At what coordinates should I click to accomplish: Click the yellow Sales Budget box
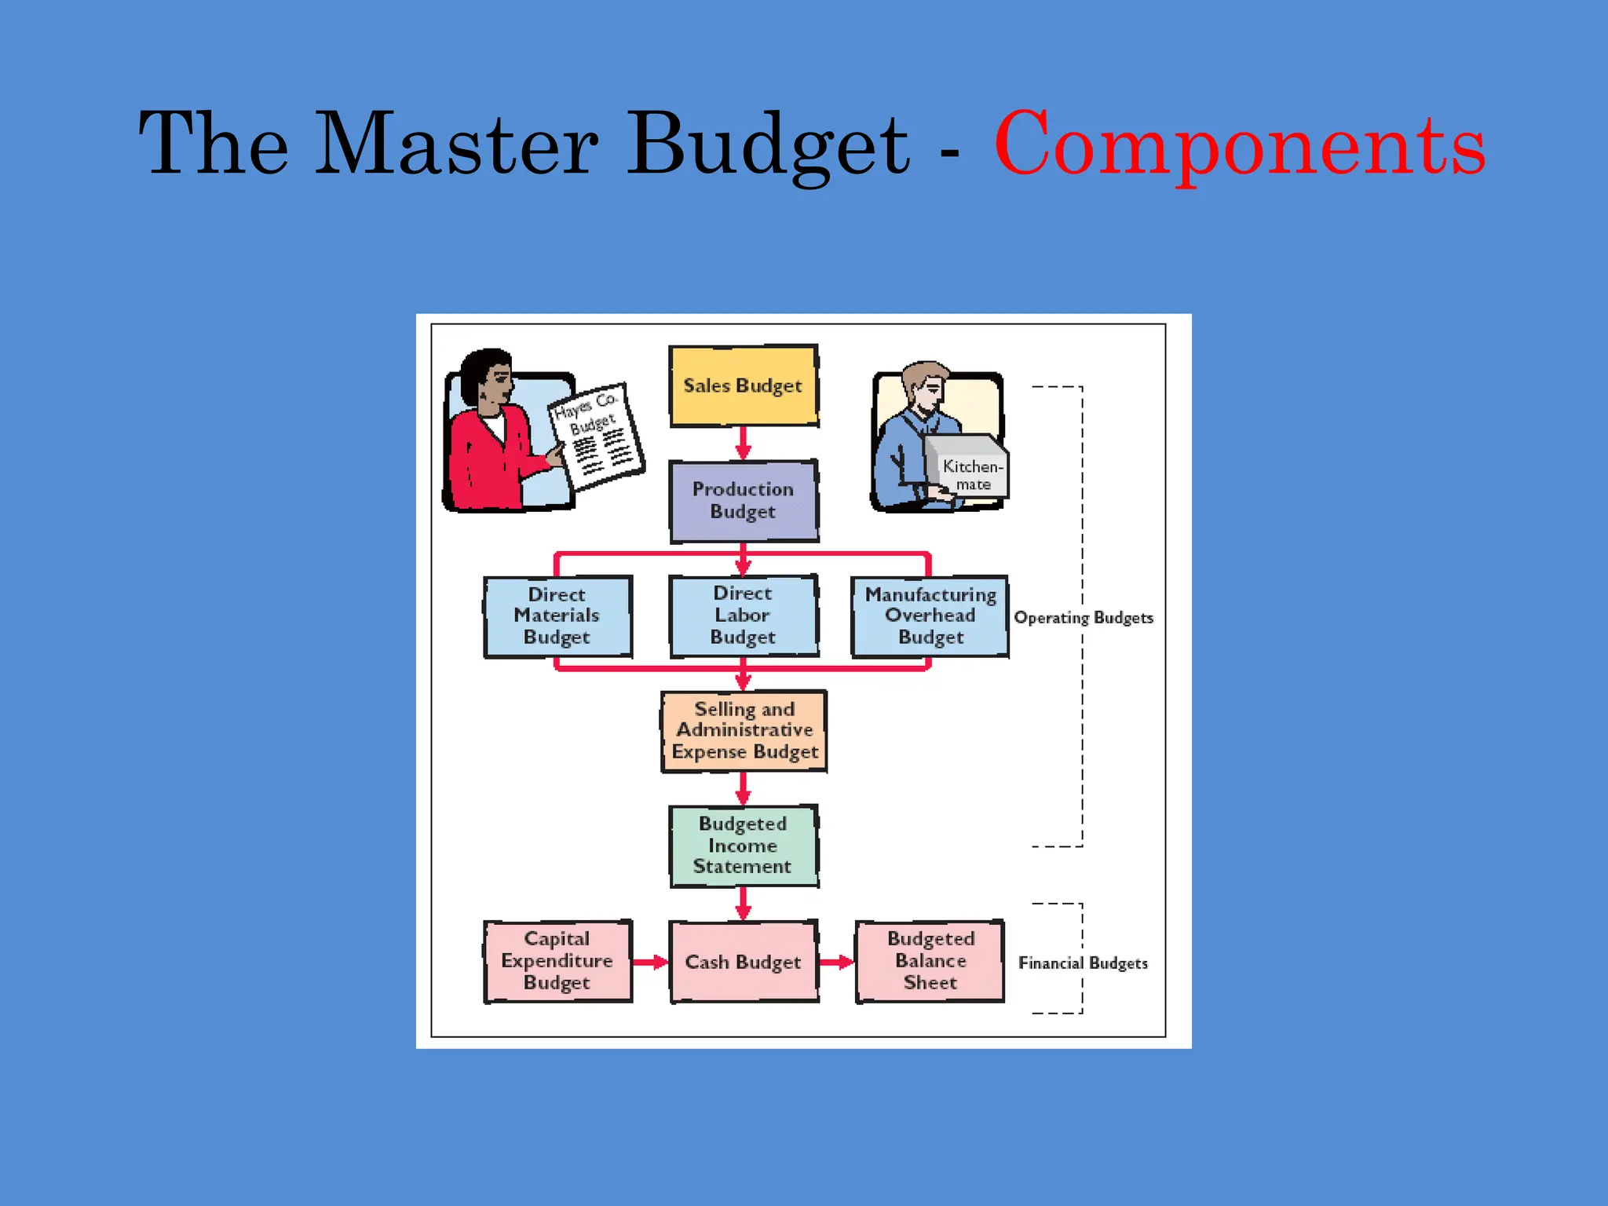743,386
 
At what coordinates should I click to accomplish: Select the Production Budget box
743,500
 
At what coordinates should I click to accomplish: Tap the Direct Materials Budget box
557,616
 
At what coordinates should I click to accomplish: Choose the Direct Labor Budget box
743,616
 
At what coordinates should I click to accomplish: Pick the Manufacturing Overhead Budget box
930,616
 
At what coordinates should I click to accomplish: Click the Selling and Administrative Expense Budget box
744,731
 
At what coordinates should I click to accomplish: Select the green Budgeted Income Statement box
743,846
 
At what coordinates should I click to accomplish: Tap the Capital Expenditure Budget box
557,961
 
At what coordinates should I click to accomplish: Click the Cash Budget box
743,962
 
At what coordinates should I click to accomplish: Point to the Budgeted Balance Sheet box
930,961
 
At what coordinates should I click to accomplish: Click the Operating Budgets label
1083,618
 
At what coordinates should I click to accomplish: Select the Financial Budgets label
1083,963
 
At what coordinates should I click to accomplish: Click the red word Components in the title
1239,145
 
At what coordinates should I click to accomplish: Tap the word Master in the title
457,145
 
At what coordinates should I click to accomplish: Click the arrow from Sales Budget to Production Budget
743,444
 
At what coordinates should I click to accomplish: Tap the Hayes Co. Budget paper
597,436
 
